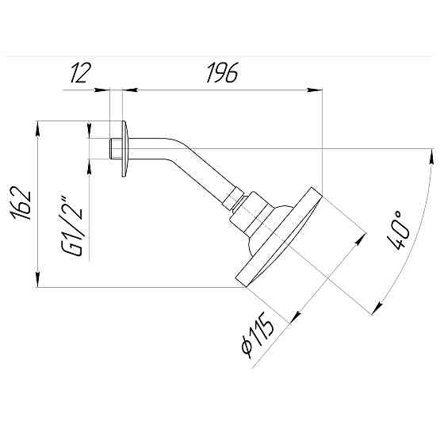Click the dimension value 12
pyautogui.click(x=81, y=74)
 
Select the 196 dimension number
pyautogui.click(x=221, y=74)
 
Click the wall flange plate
pyautogui.click(x=124, y=148)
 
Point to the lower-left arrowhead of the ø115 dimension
pyautogui.click(x=295, y=319)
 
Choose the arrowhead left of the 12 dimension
pyautogui.click(x=105, y=89)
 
